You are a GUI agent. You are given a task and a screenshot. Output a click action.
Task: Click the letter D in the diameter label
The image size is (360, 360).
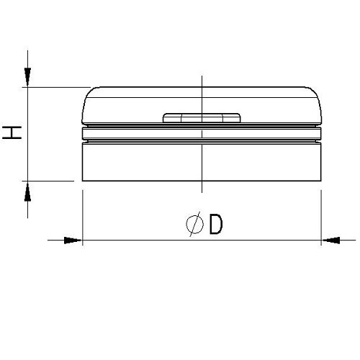[x=215, y=225]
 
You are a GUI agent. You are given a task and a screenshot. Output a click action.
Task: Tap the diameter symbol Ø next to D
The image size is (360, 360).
[x=194, y=225]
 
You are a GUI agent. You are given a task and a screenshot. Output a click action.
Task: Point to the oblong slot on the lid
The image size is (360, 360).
[x=202, y=117]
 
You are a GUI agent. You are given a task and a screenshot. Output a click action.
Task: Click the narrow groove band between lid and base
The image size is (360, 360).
[x=202, y=134]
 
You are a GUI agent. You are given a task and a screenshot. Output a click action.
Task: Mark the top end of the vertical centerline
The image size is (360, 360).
[x=202, y=76]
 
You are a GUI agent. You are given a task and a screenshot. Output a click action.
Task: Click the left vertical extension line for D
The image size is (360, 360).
[x=83, y=216]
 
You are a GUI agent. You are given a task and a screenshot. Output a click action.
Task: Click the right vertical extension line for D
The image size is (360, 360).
[x=320, y=216]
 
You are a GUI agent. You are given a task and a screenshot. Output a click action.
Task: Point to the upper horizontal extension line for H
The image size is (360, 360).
[x=58, y=87]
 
